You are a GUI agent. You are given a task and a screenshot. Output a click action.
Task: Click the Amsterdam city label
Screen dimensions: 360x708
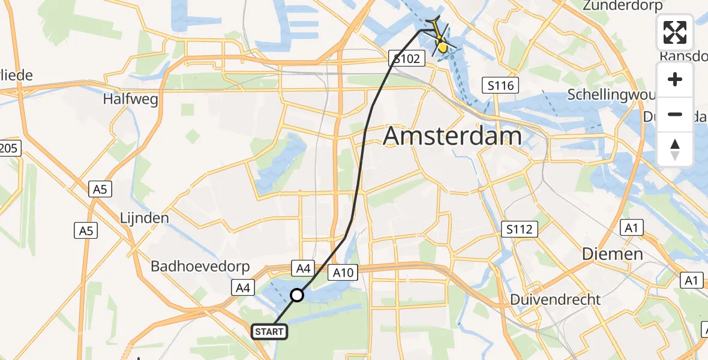452,137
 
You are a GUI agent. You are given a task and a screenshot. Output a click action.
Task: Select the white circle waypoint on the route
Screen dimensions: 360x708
297,295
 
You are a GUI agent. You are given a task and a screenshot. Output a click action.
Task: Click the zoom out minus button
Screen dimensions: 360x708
675,114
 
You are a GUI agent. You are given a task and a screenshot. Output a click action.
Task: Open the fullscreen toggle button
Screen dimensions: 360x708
675,32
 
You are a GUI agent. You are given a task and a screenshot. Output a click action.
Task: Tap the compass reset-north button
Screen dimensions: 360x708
675,149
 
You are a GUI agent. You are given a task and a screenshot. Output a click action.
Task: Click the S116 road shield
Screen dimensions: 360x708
500,86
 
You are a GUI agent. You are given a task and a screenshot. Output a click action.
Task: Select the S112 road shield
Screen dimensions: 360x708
519,229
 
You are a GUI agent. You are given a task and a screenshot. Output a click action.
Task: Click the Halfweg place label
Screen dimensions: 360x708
130,99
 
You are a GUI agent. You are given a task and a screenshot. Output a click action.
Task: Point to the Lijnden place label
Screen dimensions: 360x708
145,217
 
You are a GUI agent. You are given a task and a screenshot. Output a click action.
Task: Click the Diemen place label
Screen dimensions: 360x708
612,254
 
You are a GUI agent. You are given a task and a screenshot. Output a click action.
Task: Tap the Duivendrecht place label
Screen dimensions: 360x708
555,299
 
